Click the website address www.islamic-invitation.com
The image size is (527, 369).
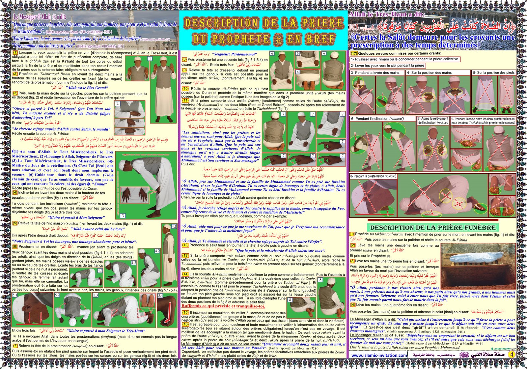click(x=379, y=355)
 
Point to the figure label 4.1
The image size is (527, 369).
click(x=174, y=227)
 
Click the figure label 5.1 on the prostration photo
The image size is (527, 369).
click(x=15, y=296)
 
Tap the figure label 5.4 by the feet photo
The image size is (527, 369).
click(x=160, y=296)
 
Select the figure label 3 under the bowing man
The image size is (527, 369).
click(x=123, y=215)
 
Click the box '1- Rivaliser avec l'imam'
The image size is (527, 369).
click(x=404, y=59)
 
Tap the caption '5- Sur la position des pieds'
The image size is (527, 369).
click(x=493, y=72)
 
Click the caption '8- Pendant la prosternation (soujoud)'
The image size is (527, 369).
click(x=373, y=176)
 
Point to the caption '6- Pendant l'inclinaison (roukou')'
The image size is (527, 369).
click(x=377, y=119)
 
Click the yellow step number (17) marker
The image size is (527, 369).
click(x=354, y=53)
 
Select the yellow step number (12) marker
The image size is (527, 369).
click(x=185, y=245)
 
